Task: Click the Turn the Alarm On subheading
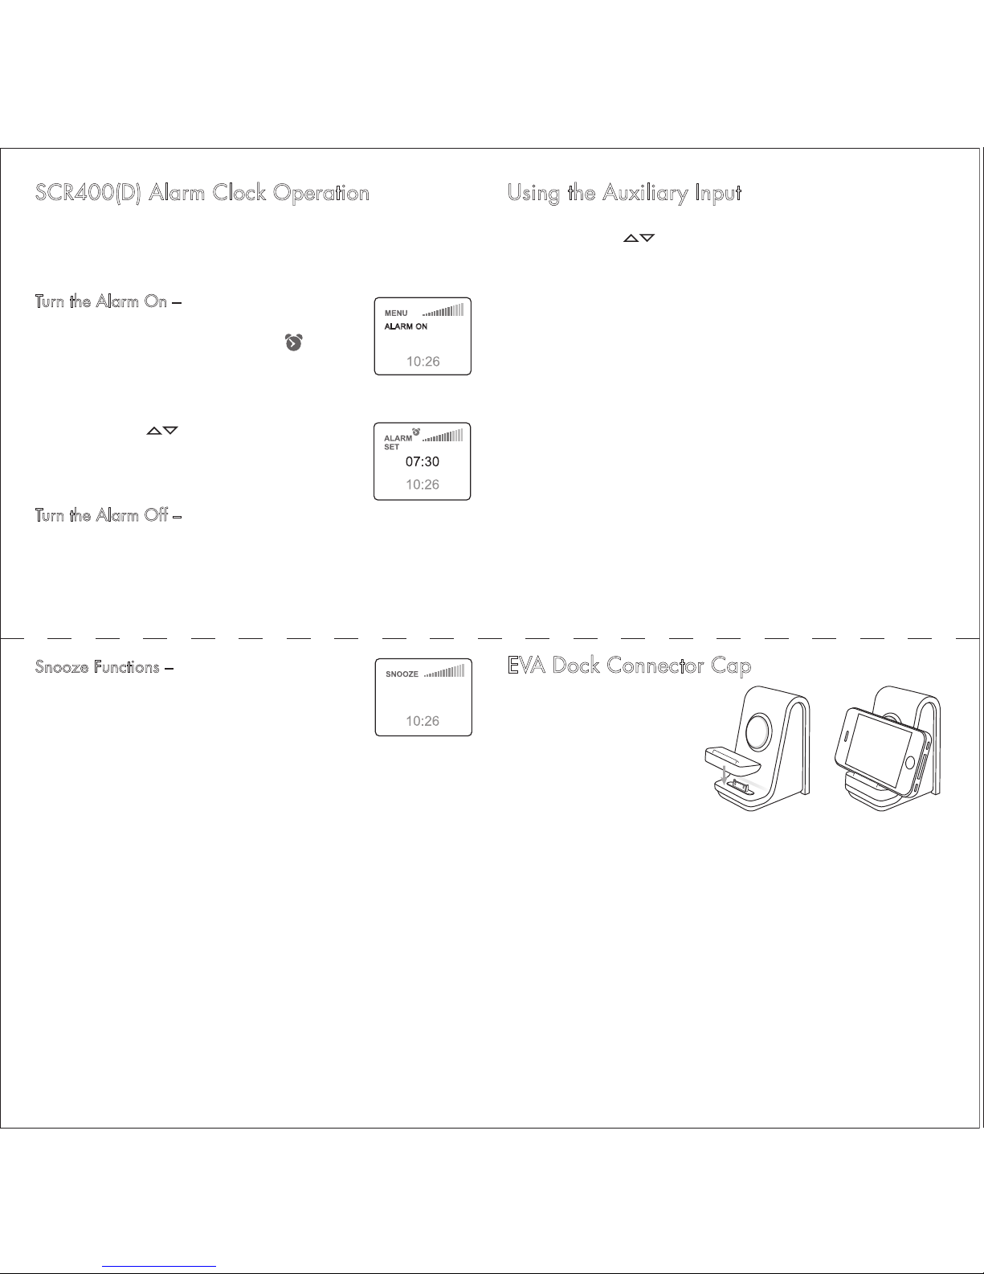(x=101, y=301)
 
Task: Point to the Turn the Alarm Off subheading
(x=101, y=515)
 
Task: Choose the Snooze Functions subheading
(x=97, y=667)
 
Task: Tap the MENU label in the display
(x=396, y=313)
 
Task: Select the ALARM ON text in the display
(x=406, y=326)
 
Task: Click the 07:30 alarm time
(x=423, y=462)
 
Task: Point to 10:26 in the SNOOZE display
(x=423, y=721)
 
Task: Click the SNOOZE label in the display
(x=402, y=674)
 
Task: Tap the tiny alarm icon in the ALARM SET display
(x=416, y=432)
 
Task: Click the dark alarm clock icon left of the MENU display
(x=294, y=343)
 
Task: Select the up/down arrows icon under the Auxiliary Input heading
(x=639, y=238)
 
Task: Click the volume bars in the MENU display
(x=443, y=310)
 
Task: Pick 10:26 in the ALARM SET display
(x=423, y=485)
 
